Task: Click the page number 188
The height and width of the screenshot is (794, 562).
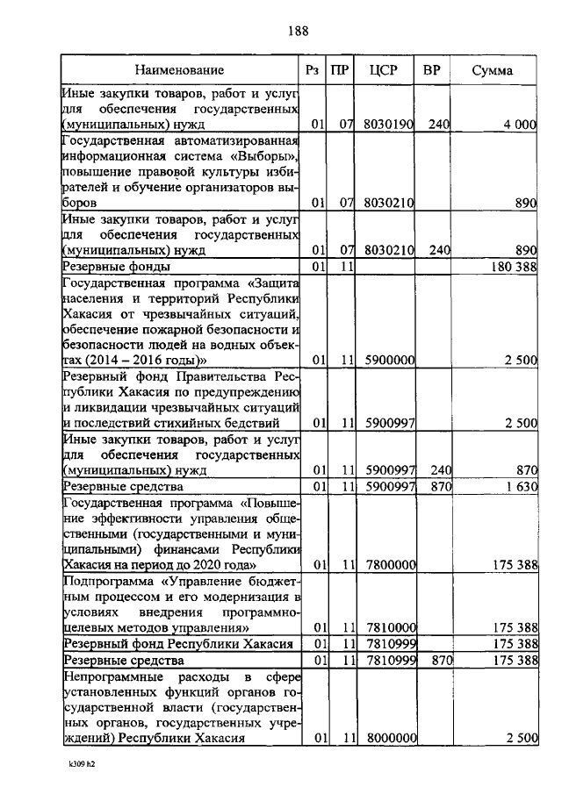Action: click(x=298, y=32)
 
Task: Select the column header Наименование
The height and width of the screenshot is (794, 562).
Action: click(x=180, y=69)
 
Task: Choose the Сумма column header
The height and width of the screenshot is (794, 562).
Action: click(x=493, y=69)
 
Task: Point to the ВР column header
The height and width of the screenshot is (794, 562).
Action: click(x=431, y=69)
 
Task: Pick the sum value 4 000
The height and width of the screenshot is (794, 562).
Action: click(x=520, y=125)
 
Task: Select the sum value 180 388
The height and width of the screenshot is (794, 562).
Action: click(x=514, y=266)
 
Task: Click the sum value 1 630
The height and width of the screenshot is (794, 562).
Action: click(x=521, y=485)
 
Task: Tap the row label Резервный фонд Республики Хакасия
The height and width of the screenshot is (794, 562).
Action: click(x=177, y=644)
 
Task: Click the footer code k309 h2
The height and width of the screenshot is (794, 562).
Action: click(x=87, y=765)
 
